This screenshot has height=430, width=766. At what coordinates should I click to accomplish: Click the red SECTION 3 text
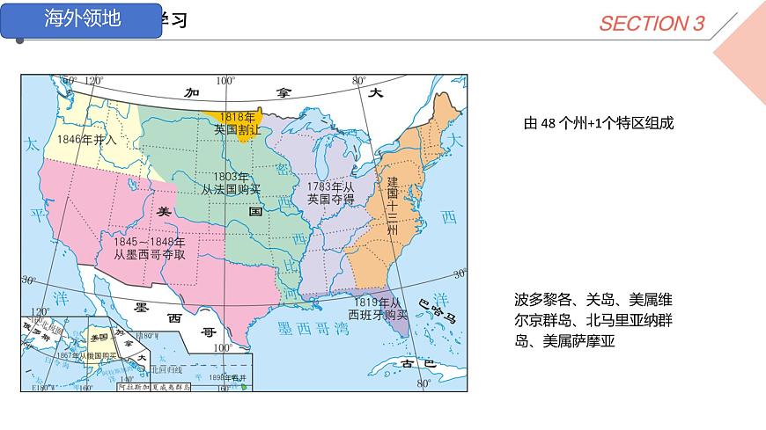click(652, 24)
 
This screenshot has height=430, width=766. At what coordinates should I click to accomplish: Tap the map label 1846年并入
click(86, 139)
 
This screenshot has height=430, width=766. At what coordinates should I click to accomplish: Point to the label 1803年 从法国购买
click(232, 183)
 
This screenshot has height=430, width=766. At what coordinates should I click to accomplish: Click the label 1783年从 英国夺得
click(330, 193)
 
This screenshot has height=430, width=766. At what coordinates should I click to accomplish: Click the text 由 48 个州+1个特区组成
click(598, 124)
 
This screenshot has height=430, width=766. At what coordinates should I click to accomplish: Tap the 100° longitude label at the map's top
click(225, 81)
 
